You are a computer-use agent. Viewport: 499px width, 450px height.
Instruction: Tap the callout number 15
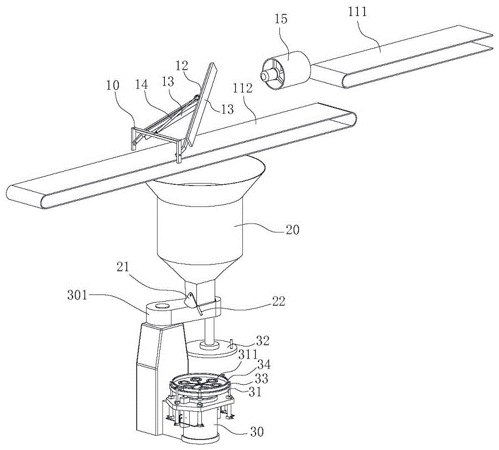coord(281,19)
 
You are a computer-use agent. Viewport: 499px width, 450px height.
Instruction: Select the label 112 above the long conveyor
coord(242,88)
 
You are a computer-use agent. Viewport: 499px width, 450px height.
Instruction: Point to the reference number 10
coord(113,85)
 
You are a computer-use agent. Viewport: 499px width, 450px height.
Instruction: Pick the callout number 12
coord(181,66)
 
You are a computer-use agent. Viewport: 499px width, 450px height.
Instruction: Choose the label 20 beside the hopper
coord(293,230)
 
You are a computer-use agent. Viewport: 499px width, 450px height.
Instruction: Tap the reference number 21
coord(123,267)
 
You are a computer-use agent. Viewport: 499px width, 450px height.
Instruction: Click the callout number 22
coord(278,301)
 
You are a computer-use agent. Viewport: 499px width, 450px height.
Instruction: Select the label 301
coord(77,295)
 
